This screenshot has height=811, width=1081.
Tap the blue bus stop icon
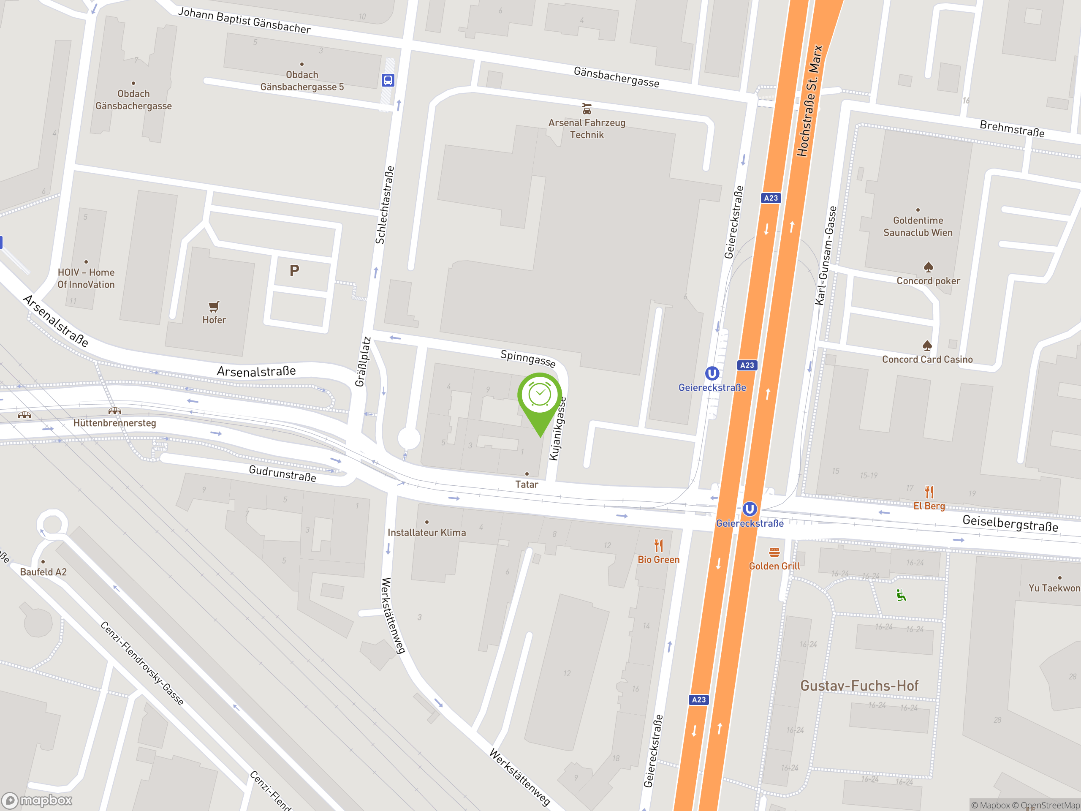(388, 80)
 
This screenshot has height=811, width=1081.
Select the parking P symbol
(294, 270)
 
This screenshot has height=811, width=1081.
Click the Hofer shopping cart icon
(214, 307)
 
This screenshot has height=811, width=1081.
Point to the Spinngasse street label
(528, 358)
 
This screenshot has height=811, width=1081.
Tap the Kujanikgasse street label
(558, 428)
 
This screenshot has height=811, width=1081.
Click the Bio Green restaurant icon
(659, 545)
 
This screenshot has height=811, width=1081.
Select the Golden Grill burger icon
(774, 552)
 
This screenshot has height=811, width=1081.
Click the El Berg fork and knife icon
(929, 491)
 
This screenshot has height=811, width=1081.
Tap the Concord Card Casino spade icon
(927, 346)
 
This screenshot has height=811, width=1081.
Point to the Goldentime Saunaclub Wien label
(918, 226)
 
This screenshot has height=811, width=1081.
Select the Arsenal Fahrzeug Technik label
(587, 128)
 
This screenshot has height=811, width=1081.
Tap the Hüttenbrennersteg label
(115, 423)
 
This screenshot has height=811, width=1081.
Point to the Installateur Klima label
(426, 532)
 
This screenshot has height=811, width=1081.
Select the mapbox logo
(38, 800)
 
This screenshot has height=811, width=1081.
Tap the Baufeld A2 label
(43, 572)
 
